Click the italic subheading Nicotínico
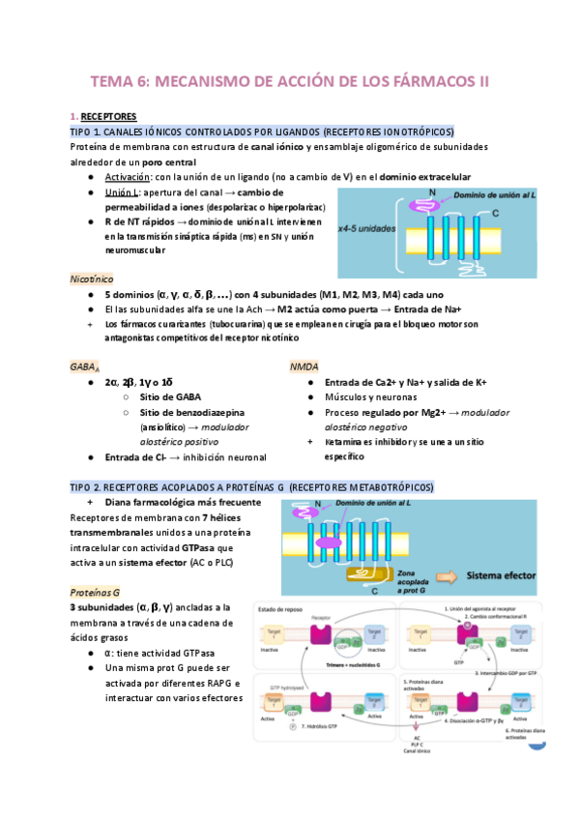click(x=91, y=278)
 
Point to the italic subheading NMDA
click(x=304, y=367)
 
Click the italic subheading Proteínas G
click(x=95, y=591)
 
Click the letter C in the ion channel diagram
click(x=497, y=212)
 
